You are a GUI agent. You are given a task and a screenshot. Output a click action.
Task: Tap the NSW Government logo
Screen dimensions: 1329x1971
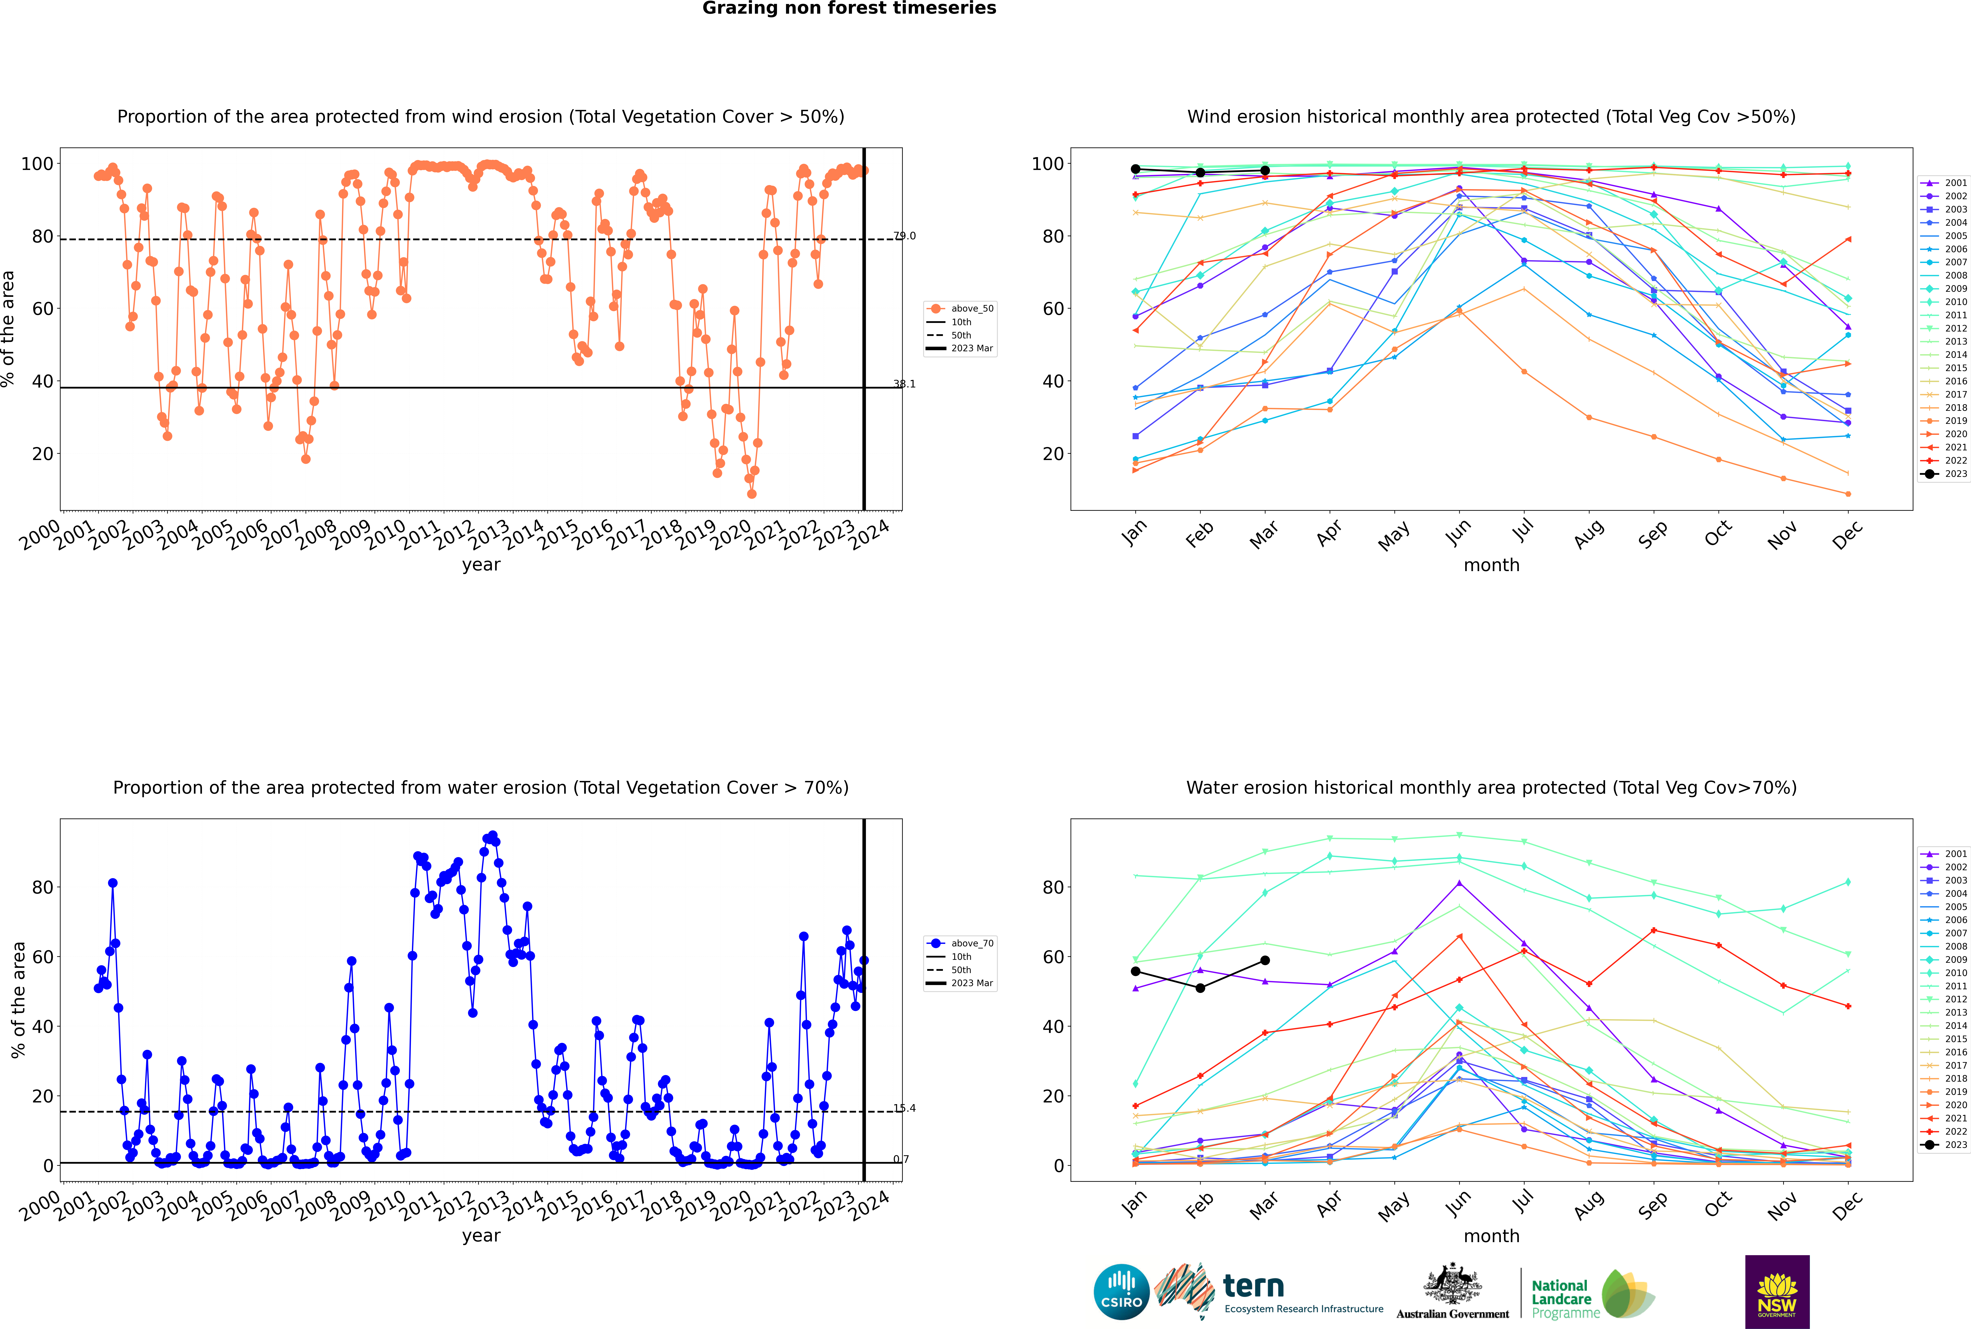1777,1291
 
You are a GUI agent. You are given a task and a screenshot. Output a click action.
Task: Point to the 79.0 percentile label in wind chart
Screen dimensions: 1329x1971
904,236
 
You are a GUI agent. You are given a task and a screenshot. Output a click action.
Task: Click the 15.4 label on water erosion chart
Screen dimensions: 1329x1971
904,1108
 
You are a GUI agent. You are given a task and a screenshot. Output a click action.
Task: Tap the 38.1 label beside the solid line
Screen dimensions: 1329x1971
904,384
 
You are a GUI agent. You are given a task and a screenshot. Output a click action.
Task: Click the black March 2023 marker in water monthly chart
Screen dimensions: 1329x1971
1265,960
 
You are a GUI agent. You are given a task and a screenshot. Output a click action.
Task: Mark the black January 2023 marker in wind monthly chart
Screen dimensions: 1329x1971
1136,169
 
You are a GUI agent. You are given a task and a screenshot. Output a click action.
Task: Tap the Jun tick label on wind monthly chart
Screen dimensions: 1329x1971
1457,532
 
